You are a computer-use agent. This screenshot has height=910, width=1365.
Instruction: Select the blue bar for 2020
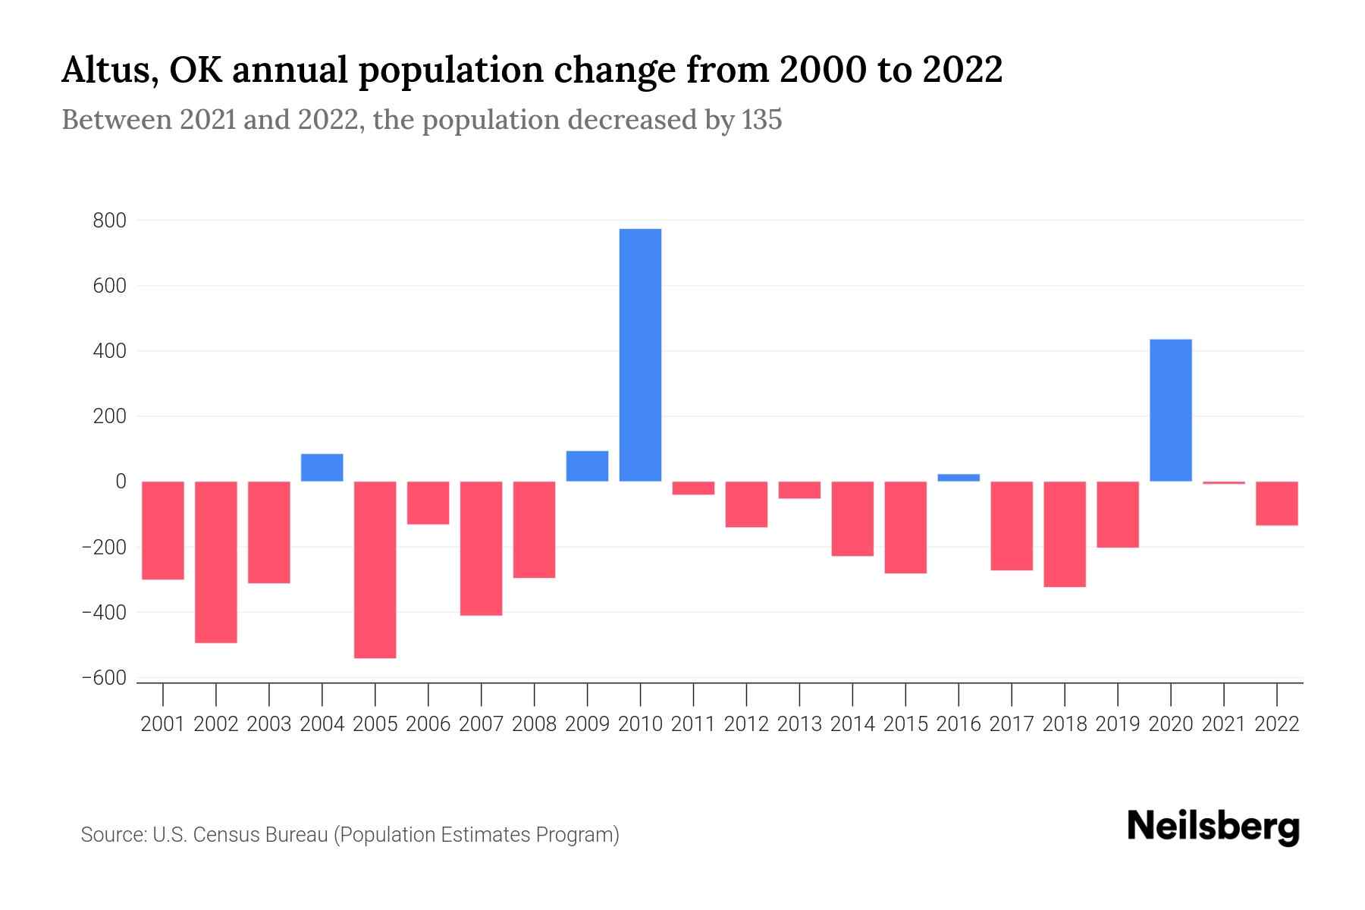tap(1171, 410)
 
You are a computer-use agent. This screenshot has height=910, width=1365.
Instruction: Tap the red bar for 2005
tap(375, 570)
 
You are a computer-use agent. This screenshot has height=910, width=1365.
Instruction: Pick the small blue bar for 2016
tap(959, 478)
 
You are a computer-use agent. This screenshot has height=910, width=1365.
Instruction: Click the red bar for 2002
tap(216, 562)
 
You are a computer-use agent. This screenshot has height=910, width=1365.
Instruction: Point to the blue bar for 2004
tap(322, 468)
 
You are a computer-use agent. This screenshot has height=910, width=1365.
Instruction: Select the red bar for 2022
tap(1277, 504)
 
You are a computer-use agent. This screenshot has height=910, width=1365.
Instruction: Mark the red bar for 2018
tap(1065, 534)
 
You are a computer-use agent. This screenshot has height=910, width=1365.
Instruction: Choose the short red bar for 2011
tap(693, 488)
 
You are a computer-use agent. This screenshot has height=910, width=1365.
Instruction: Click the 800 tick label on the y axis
tap(109, 221)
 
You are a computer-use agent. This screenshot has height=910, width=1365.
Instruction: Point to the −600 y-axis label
tap(104, 678)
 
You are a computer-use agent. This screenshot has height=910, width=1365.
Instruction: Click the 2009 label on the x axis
tap(587, 724)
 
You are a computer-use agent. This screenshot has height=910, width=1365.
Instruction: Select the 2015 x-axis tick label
tap(905, 724)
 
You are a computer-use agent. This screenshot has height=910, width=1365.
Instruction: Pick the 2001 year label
tap(163, 724)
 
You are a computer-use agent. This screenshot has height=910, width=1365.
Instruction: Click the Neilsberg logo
tap(1213, 827)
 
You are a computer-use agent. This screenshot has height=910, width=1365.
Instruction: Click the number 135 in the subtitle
tap(761, 121)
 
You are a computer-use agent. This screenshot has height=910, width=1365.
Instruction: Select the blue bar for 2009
tap(587, 466)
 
